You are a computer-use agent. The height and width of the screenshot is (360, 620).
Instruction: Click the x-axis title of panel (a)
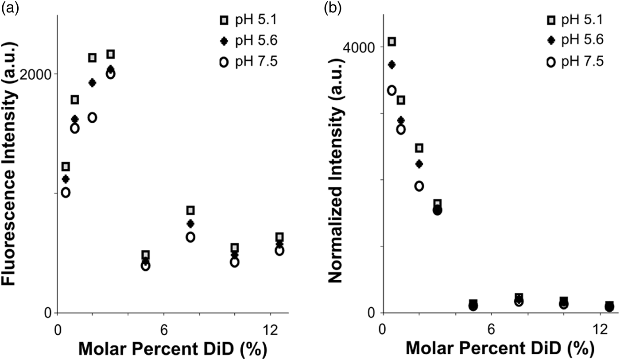tap(173, 348)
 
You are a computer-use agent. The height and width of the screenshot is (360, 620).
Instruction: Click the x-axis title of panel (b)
tap(499, 348)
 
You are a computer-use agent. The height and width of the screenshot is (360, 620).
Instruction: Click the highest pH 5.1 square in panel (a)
tap(110, 54)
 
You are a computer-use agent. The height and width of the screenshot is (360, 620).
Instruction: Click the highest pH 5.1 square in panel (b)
tap(391, 42)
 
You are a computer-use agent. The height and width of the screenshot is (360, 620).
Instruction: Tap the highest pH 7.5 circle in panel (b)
tap(391, 90)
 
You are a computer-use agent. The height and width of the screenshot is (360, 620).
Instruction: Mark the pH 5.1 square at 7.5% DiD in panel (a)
tap(190, 210)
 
